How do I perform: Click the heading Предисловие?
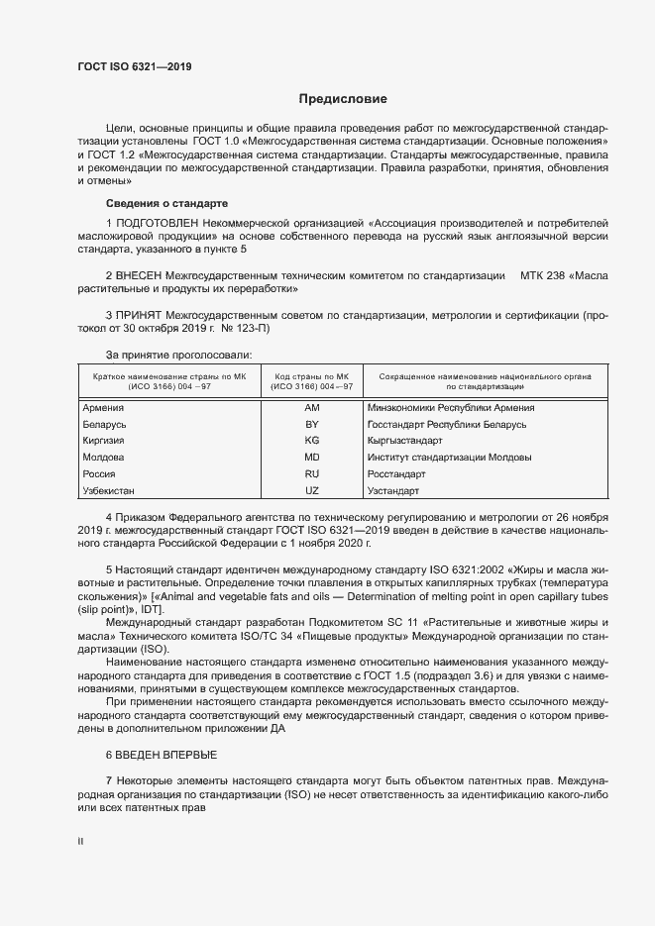[344, 99]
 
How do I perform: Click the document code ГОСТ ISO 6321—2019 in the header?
[135, 67]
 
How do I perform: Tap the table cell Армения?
[102, 408]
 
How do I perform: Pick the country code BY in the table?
[312, 424]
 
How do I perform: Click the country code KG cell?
[312, 441]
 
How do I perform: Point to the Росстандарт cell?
[394, 474]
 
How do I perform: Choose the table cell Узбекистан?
[108, 491]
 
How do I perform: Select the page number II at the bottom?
[81, 842]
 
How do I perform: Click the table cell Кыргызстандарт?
[404, 441]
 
